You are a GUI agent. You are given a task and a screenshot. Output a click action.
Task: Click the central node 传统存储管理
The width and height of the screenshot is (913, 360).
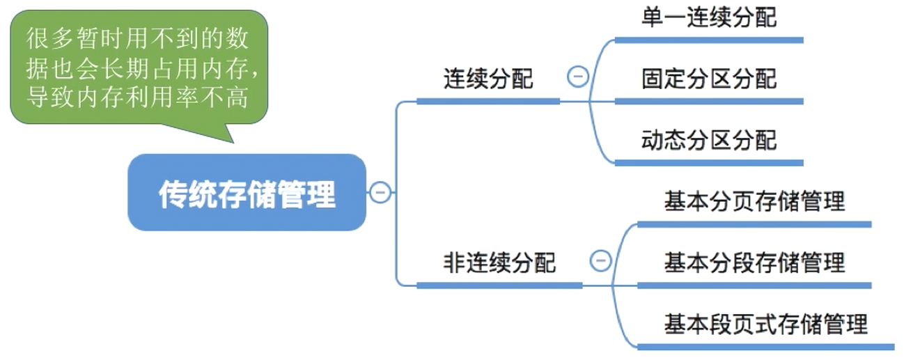[247, 193]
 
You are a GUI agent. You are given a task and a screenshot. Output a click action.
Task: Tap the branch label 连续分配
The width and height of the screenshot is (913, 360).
[488, 79]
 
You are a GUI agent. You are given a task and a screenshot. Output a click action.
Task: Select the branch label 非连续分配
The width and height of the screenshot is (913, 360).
[499, 263]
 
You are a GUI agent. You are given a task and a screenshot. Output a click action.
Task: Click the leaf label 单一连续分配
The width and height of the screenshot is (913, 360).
[709, 18]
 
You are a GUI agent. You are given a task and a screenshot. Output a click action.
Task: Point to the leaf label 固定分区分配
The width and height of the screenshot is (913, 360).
[709, 79]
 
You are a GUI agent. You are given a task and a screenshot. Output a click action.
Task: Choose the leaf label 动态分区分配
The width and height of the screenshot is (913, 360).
[709, 141]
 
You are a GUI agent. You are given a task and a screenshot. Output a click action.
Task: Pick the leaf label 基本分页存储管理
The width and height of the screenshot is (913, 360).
[754, 202]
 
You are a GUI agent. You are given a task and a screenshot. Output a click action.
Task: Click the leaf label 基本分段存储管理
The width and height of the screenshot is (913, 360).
[754, 263]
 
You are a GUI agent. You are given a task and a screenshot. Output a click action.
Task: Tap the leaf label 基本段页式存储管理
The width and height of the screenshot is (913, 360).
[765, 324]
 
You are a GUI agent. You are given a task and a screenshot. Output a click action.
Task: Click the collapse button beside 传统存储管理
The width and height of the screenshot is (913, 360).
[380, 192]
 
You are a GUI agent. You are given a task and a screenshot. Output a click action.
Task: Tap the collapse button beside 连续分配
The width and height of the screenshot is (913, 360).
[578, 77]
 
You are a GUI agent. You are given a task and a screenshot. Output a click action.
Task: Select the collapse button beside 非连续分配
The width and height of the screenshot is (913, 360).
[600, 261]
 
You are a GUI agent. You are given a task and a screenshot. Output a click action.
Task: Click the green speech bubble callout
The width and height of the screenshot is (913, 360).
[139, 66]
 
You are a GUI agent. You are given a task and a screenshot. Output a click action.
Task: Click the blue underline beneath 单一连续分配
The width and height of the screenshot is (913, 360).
[709, 40]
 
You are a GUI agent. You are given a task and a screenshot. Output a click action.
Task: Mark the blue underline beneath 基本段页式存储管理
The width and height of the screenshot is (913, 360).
[765, 346]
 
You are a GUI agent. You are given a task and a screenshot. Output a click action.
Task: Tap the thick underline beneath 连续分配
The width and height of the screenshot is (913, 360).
[488, 101]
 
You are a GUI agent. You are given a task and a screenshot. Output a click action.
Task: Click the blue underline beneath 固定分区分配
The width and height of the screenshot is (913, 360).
[709, 102]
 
